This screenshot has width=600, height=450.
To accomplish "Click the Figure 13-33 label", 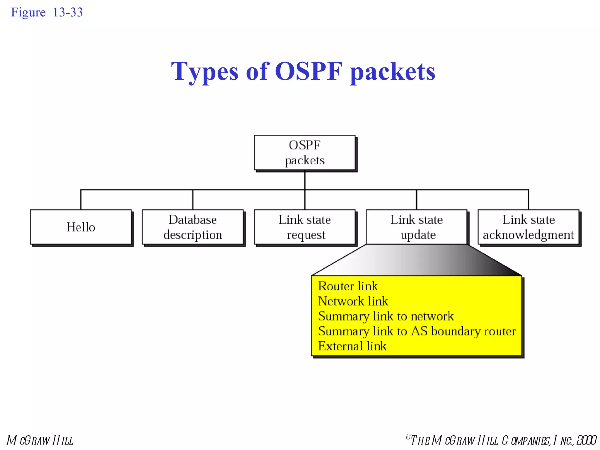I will point(47,12).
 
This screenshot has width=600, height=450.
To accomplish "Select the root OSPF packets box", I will point(304,153).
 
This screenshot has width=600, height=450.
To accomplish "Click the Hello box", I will point(81,227).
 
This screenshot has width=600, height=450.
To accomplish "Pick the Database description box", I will point(192,227).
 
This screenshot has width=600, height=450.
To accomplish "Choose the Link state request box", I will point(304,227).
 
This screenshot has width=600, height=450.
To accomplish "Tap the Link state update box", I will point(416,227).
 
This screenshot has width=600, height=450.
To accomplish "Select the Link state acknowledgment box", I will point(528,227).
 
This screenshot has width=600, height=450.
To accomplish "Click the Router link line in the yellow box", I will point(348,286).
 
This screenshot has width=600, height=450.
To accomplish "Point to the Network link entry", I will point(353,301).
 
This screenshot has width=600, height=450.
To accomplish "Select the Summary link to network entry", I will point(386,316).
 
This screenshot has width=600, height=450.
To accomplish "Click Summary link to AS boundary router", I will point(417,331).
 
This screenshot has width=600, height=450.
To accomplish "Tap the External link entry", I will point(352,346).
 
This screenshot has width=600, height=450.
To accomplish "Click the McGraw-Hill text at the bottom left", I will point(40,440).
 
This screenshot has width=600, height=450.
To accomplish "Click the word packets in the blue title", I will point(393,72).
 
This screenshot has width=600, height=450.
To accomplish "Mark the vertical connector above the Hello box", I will point(81,200).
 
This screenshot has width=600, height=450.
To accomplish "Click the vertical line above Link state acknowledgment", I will point(528,200).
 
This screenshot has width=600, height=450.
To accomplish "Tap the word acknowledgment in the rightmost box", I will point(528,235).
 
